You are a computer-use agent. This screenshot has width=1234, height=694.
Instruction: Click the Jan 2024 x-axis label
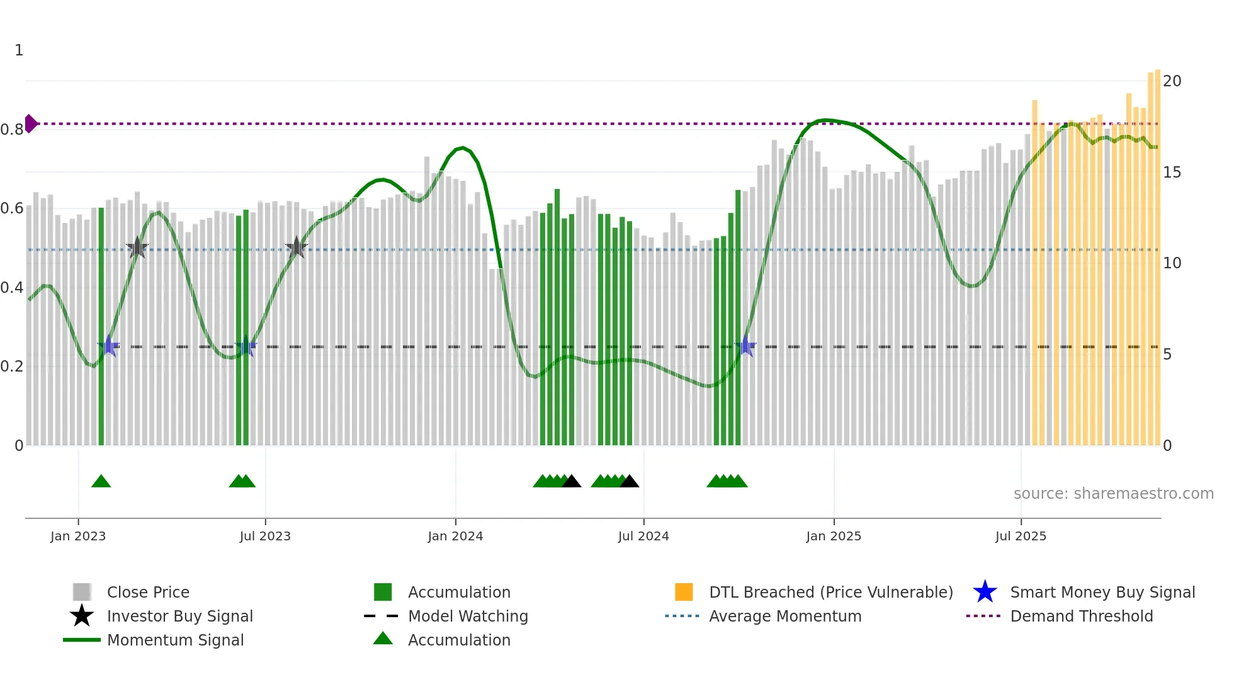point(455,536)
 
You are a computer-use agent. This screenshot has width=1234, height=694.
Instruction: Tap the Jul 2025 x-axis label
point(1021,536)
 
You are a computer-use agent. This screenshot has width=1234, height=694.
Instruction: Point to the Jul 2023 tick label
point(265,536)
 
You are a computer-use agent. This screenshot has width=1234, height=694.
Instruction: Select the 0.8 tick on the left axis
point(12,130)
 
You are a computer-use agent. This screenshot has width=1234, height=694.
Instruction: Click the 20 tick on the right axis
point(1172,81)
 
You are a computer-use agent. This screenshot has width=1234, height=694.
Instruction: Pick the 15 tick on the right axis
point(1172,173)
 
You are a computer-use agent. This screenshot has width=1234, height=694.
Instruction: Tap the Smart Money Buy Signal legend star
point(985,592)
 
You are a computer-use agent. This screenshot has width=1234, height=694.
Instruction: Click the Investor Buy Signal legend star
point(82,616)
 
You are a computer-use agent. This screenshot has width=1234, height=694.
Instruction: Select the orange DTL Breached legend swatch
point(684,592)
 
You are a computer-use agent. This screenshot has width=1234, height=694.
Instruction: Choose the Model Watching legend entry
point(468,616)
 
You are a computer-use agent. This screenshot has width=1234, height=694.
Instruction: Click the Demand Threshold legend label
point(1081,616)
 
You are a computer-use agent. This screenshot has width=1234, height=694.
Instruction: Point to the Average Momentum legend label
point(785,616)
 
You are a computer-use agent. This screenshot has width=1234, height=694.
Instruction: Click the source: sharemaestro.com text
point(1113,494)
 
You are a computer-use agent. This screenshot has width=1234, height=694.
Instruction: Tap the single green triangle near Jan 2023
point(101,482)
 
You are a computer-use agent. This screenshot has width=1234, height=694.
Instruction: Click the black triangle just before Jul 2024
point(629,482)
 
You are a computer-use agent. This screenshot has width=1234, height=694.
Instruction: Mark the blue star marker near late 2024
point(745,346)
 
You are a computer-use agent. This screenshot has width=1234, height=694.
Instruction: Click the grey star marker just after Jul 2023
point(297,247)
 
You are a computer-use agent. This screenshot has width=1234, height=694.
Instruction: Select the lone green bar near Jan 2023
point(101,327)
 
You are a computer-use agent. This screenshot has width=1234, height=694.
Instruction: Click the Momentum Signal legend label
point(175,640)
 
